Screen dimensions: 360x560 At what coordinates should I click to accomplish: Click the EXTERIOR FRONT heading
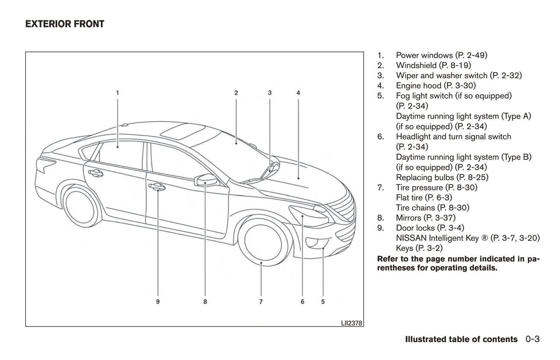tap(65, 24)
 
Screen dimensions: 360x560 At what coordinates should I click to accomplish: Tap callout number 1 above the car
tap(117, 93)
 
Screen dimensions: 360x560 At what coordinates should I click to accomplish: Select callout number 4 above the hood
tap(298, 93)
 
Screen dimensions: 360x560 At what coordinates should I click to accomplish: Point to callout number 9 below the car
tap(158, 301)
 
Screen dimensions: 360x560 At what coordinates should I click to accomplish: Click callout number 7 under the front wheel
tap(261, 301)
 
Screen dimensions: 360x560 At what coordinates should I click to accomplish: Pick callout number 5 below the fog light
tap(323, 301)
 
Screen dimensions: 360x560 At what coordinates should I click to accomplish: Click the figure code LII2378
tap(352, 323)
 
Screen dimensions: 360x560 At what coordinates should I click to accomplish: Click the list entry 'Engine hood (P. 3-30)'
tap(436, 86)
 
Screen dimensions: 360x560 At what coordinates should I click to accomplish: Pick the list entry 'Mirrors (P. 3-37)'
tap(426, 218)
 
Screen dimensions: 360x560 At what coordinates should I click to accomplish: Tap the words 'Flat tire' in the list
tap(409, 198)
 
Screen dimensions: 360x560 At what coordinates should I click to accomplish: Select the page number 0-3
tap(532, 339)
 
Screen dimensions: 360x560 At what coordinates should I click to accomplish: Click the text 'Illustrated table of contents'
tap(461, 339)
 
